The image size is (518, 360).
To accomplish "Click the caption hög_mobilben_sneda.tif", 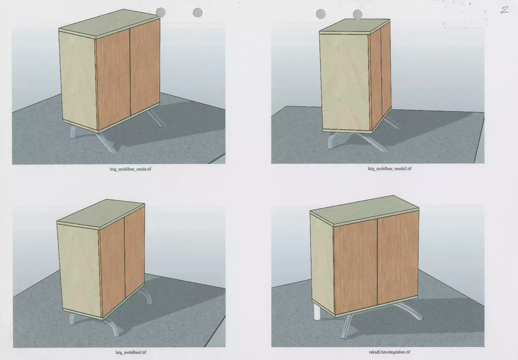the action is click(x=130, y=169).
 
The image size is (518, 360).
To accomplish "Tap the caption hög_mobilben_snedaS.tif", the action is click(x=390, y=168).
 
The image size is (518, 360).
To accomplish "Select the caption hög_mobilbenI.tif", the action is click(x=131, y=352).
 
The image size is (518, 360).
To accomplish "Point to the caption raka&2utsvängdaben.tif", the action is click(x=390, y=352).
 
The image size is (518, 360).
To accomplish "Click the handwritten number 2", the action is click(x=505, y=9).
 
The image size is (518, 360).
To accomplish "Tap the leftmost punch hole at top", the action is click(x=161, y=12).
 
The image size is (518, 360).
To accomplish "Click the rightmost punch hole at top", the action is click(x=358, y=14).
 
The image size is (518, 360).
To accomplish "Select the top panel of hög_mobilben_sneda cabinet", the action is click(x=109, y=22).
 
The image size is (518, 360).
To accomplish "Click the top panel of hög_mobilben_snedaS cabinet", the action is click(x=354, y=26).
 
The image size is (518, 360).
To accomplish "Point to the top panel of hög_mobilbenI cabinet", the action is click(x=101, y=214).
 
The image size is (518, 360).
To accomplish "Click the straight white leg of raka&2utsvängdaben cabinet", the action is click(x=317, y=312).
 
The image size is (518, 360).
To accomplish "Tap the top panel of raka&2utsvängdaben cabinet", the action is click(x=364, y=210).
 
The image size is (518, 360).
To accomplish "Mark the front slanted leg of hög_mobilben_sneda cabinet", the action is click(x=106, y=142).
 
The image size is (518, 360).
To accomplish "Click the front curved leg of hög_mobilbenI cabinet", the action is click(x=113, y=325).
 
